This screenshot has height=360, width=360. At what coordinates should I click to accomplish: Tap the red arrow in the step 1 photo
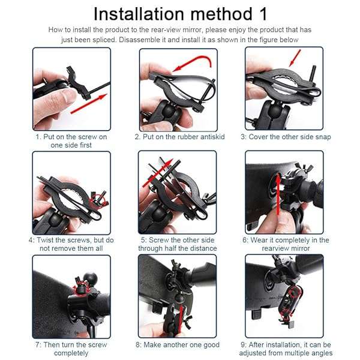click(x=90, y=104)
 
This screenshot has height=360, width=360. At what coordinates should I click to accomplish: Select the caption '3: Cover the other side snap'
click(x=286, y=137)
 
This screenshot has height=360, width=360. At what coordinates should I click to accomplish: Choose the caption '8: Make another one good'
click(x=179, y=345)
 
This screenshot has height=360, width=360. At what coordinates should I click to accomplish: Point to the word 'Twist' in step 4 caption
click(x=49, y=240)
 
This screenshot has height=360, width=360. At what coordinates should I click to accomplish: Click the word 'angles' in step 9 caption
click(x=320, y=353)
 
